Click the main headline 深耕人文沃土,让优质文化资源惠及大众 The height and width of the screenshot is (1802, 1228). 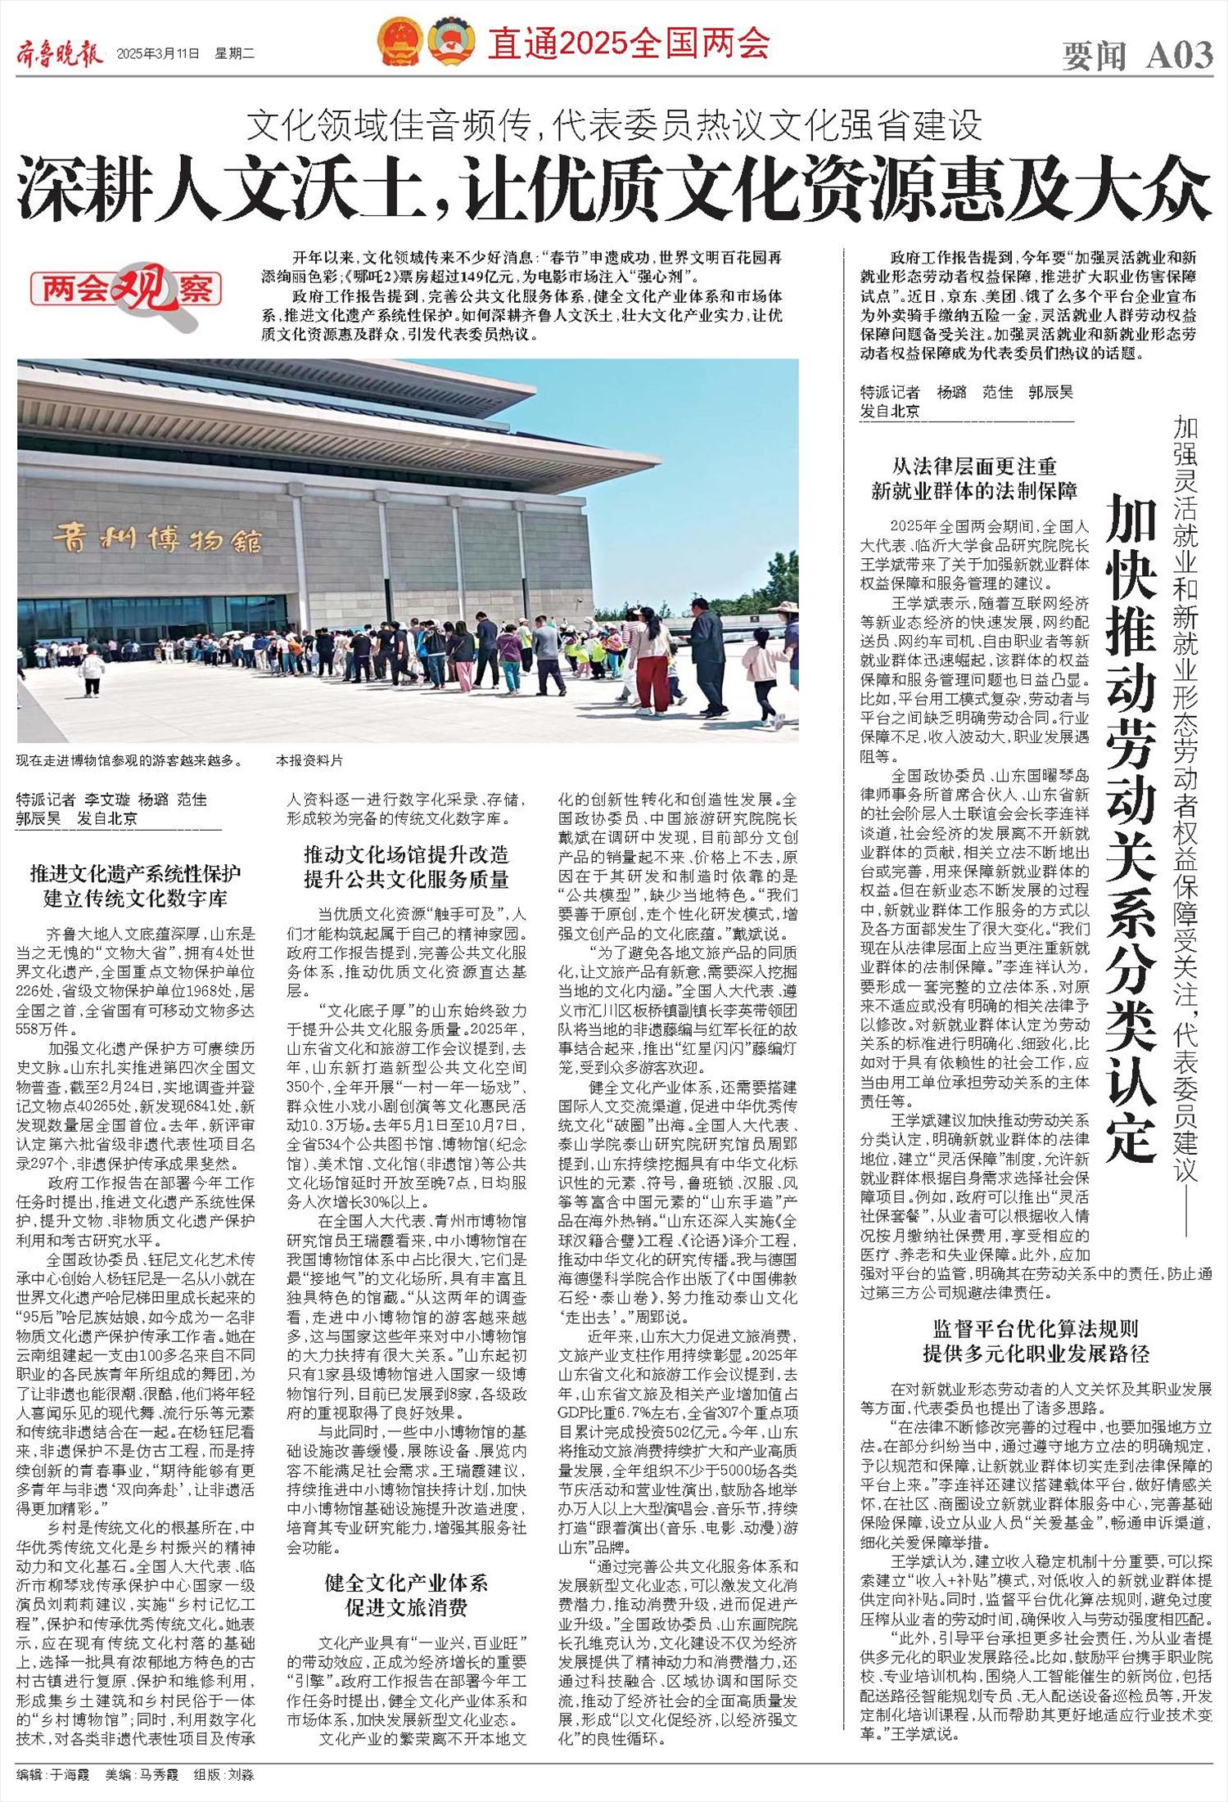point(614,189)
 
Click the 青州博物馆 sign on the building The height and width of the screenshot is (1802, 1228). point(157,539)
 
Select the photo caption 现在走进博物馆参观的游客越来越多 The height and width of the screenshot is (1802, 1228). point(129,760)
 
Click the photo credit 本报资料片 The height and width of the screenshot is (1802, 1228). point(309,760)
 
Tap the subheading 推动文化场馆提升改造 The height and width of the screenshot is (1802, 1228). point(406,855)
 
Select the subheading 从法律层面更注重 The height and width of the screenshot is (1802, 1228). point(974,467)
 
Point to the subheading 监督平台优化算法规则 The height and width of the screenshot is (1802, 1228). point(1036,1328)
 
